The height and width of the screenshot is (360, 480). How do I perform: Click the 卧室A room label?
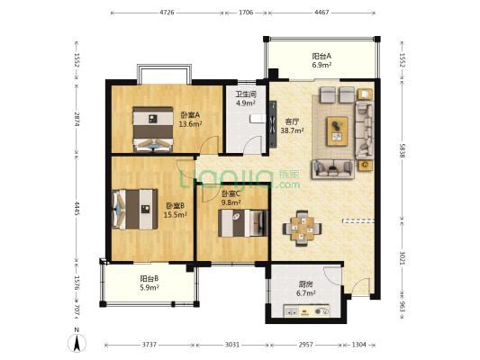point(190,115)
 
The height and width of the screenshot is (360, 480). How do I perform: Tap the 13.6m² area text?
point(190,124)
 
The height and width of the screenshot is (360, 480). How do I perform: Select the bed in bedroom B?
point(135,209)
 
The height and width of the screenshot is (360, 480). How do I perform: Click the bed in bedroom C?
point(243,223)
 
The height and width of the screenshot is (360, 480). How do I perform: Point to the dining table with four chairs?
point(302,229)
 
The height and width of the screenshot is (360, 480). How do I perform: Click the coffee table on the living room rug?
point(338,130)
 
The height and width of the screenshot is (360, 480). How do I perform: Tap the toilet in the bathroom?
point(258,118)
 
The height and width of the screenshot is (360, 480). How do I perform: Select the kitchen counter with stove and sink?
point(307,310)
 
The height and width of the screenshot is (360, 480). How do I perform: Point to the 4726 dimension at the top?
point(167,13)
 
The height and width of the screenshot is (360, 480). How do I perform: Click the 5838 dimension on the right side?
point(403,150)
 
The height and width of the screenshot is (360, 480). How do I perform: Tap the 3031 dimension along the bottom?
point(232,345)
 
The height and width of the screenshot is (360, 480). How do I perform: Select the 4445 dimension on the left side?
point(77,208)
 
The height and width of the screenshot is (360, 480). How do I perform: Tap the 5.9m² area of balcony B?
point(149,287)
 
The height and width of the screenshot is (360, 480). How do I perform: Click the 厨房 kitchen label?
point(306,284)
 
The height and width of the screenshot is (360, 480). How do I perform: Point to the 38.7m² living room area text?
point(293,130)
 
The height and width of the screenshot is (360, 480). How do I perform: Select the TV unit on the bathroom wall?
point(273,124)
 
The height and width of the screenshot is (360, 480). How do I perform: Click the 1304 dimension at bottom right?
point(358,345)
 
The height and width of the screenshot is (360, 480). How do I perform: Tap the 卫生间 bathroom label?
point(246,94)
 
